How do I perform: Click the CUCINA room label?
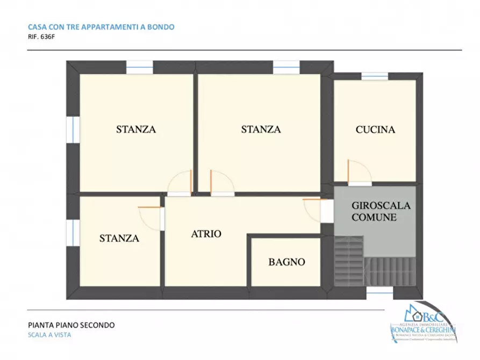(375, 129)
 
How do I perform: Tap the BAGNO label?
(286, 262)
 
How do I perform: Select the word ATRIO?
(206, 234)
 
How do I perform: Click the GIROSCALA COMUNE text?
(381, 211)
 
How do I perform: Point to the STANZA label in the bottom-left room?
(119, 239)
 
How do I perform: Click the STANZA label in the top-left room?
(136, 129)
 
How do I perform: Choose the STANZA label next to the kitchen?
(261, 129)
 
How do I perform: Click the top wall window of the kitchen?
(375, 76)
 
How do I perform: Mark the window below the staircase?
(379, 290)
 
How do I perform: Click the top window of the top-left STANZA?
(140, 67)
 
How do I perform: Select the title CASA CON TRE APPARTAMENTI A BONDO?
(101, 27)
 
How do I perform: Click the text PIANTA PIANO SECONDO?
(71, 325)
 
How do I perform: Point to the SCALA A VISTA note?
(49, 335)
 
